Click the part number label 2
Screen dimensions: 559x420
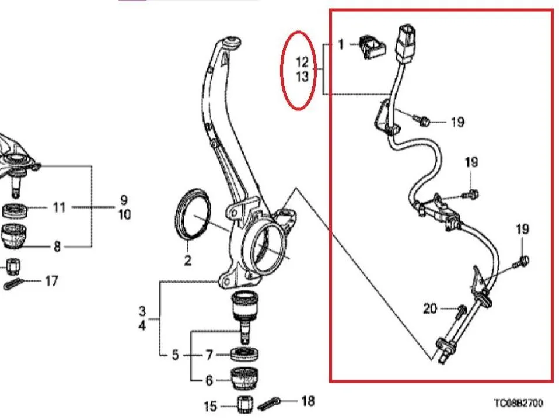click(x=187, y=260)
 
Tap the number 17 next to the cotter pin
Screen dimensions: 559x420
click(x=51, y=281)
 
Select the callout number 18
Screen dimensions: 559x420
click(x=308, y=401)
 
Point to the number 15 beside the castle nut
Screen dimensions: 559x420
click(x=210, y=406)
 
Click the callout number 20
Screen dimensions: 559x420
click(x=430, y=308)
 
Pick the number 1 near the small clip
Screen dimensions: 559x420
click(x=341, y=44)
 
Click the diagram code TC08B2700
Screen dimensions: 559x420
click(x=518, y=403)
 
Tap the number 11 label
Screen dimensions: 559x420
click(x=59, y=207)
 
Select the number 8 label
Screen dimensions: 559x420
click(x=57, y=247)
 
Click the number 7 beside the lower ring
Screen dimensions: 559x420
click(x=209, y=355)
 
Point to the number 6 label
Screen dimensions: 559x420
click(x=209, y=380)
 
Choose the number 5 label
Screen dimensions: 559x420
click(x=175, y=355)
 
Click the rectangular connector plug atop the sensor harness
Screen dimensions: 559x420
click(x=406, y=44)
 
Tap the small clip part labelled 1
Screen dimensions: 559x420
click(x=372, y=47)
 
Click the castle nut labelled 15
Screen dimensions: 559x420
click(x=246, y=405)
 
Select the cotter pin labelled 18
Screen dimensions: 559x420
click(x=269, y=403)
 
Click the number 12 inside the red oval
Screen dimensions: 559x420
click(x=302, y=63)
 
